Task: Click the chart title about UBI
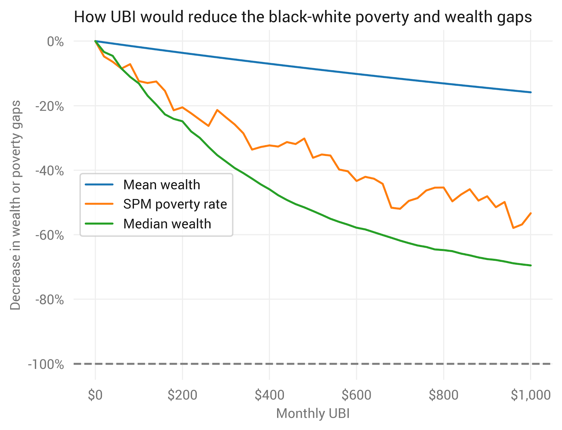pyautogui.click(x=303, y=17)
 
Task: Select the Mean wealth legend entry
pyautogui.click(x=161, y=185)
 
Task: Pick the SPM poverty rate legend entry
pyautogui.click(x=175, y=204)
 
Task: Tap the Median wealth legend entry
pyautogui.click(x=167, y=224)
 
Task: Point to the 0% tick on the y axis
pyautogui.click(x=55, y=41)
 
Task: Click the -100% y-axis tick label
pyautogui.click(x=46, y=364)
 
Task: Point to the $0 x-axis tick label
pyautogui.click(x=95, y=395)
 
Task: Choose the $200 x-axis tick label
pyautogui.click(x=182, y=395)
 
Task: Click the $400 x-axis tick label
pyautogui.click(x=269, y=395)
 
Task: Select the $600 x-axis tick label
pyautogui.click(x=357, y=395)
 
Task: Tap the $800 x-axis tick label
pyautogui.click(x=444, y=395)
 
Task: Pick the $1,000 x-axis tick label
pyautogui.click(x=530, y=395)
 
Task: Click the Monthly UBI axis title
pyautogui.click(x=313, y=413)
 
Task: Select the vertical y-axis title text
pyautogui.click(x=15, y=206)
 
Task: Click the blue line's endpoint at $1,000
pyautogui.click(x=531, y=92)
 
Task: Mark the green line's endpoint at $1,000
pyautogui.click(x=531, y=265)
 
